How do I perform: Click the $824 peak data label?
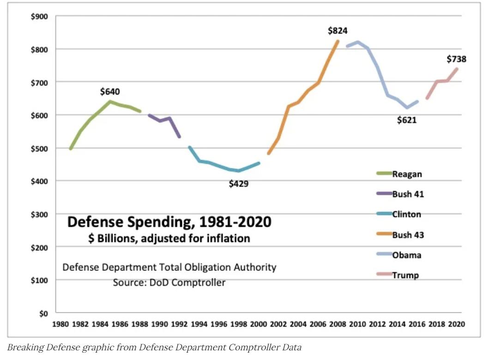pyautogui.click(x=338, y=31)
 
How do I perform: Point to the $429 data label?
pyautogui.click(x=239, y=184)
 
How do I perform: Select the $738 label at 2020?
pyautogui.click(x=456, y=59)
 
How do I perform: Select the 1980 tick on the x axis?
pyautogui.click(x=60, y=324)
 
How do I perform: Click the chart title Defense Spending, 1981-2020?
pyautogui.click(x=169, y=222)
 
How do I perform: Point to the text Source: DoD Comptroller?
pyautogui.click(x=169, y=282)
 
